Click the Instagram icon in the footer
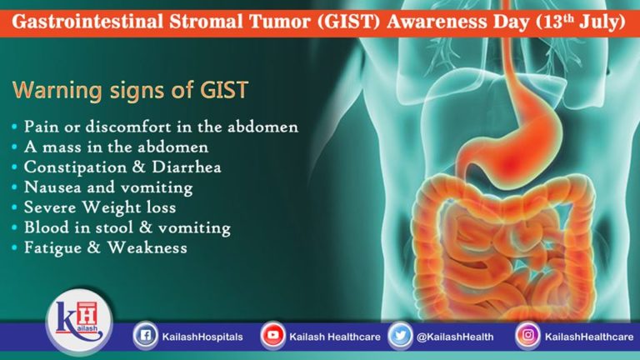(526, 336)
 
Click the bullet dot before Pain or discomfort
(17, 127)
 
